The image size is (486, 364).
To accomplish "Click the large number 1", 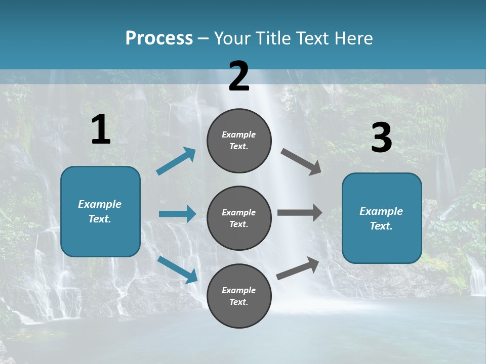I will (101, 130).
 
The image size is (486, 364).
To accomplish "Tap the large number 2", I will (239, 77).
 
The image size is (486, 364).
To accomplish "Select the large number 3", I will (382, 138).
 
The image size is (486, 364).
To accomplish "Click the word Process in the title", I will (159, 38).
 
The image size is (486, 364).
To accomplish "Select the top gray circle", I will (239, 141).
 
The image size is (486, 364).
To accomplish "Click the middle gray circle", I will (239, 218).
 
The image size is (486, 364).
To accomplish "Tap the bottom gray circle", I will (239, 296).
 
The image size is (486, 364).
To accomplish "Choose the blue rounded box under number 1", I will (100, 211).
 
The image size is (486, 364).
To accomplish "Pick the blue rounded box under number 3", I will (382, 218).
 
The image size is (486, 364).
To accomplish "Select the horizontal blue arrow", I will (177, 214).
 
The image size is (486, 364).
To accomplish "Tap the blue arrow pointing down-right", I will (177, 269).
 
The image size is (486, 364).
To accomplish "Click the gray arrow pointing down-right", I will (301, 162).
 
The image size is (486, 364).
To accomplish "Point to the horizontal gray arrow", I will (300, 212).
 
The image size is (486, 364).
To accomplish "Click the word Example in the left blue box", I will (100, 204).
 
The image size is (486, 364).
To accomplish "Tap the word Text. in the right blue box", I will (381, 226).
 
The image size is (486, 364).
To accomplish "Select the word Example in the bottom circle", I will (239, 290).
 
